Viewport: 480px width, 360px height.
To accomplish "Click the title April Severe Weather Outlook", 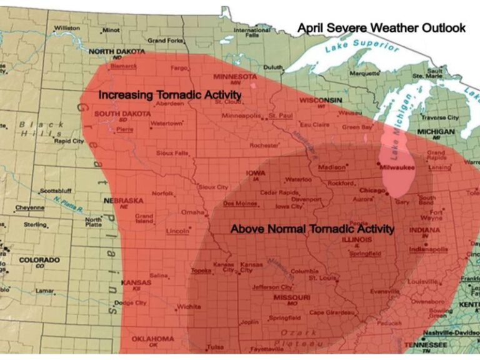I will (381, 27).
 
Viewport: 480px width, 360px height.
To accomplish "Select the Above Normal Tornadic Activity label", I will (312, 229).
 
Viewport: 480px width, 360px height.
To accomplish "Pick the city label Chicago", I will (372, 190).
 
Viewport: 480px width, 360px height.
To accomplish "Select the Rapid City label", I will (69, 141).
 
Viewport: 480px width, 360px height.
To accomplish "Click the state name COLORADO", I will (39, 259).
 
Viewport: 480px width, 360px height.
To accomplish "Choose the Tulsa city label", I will (216, 347).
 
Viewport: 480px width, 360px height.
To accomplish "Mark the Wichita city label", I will (188, 307).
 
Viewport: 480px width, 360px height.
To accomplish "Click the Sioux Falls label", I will (172, 152).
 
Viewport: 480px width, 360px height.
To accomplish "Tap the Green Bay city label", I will (358, 127).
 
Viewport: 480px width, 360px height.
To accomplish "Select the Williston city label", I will (67, 28).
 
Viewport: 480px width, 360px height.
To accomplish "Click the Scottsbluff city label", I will (57, 191).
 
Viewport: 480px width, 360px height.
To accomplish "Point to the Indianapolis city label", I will (428, 249).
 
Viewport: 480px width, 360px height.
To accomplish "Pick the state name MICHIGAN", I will (436, 132).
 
